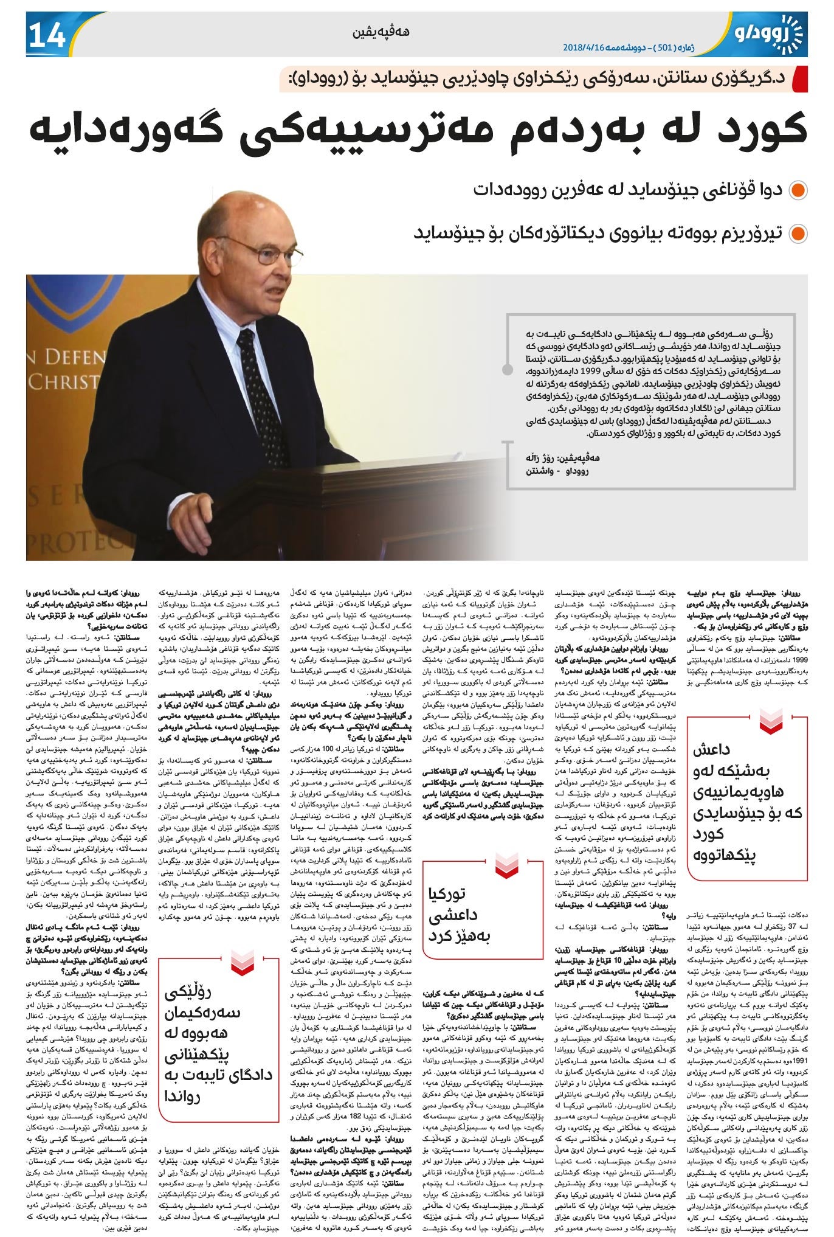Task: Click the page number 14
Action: coord(46,36)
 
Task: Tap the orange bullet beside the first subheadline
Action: coord(797,190)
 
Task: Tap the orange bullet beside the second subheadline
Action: coord(797,234)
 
